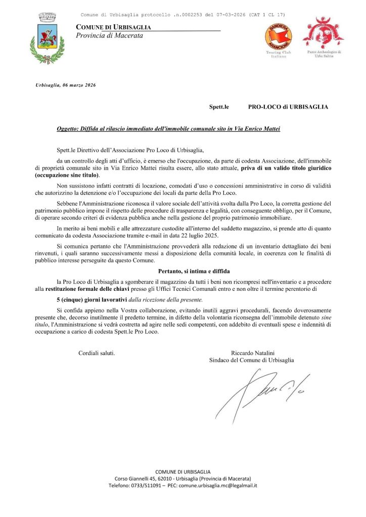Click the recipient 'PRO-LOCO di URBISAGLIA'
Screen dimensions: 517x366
pos(288,107)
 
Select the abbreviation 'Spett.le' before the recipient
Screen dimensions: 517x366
pos(219,107)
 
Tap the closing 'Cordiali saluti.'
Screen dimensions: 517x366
pos(97,352)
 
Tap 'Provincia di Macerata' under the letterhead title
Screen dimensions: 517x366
pos(109,35)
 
